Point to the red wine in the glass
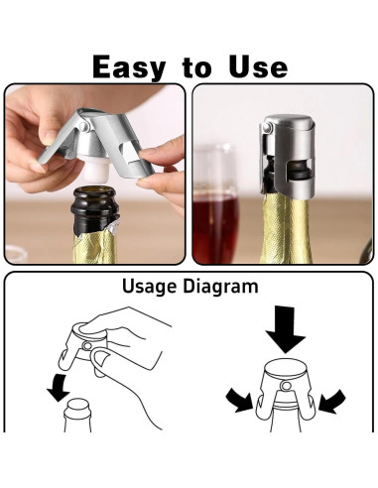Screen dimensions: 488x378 pos(213,223)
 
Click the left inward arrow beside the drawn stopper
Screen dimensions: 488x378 pos(237,400)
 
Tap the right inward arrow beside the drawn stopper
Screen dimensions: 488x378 pos(334,400)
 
